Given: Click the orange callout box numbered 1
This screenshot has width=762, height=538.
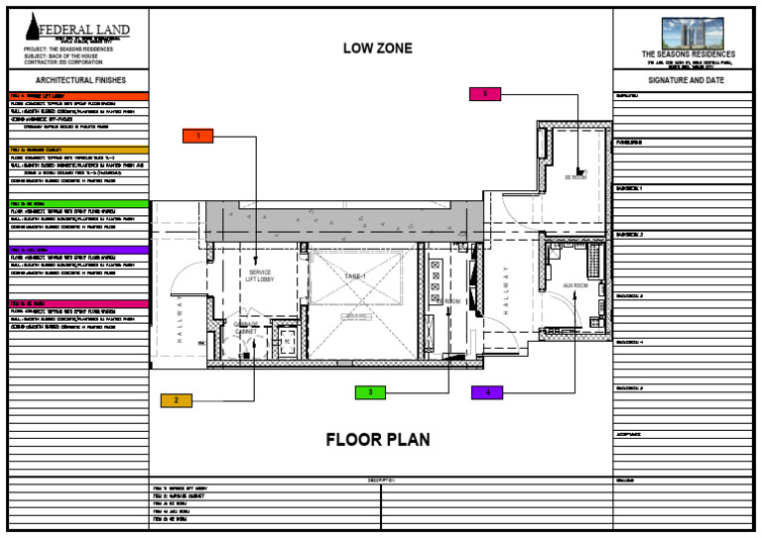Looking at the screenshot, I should tap(197, 136).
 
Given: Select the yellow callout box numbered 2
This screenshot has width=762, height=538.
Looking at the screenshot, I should tap(176, 400).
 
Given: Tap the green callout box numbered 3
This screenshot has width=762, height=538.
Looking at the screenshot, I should tap(370, 392).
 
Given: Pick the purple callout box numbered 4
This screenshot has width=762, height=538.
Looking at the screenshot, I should tap(487, 392).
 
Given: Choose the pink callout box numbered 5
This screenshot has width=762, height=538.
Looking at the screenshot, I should tap(485, 93).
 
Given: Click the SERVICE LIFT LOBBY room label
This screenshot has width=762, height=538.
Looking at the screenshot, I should tap(261, 276).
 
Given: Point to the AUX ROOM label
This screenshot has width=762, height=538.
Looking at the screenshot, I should tap(575, 285).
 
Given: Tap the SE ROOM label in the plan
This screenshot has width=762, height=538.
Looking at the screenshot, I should tap(575, 176).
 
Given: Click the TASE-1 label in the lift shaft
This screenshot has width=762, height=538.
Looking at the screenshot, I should tap(355, 275).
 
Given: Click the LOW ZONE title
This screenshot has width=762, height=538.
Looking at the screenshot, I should tap(377, 49).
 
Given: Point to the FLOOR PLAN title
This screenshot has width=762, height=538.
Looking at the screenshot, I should tap(378, 440).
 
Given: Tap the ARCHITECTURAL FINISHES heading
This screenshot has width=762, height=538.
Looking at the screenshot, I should tap(78, 79).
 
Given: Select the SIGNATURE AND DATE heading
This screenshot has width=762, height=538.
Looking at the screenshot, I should tap(687, 79).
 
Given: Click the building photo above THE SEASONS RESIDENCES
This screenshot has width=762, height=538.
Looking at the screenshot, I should tap(688, 32).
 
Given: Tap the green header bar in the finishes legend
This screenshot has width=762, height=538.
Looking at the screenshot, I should tap(78, 203).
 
